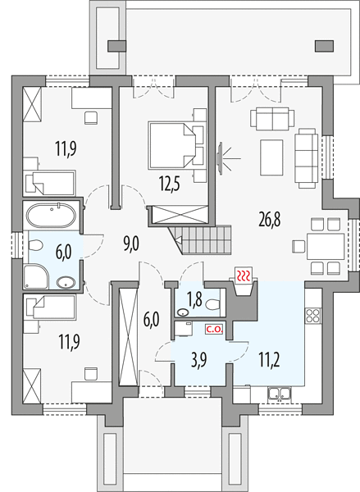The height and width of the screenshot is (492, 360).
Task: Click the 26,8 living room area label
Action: (270, 219)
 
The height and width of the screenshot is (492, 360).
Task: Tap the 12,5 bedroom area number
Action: (170, 184)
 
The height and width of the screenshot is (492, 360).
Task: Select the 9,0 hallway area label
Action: (131, 244)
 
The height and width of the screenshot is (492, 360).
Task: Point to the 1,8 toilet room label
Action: (194, 300)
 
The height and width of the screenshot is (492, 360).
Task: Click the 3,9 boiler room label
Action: (198, 360)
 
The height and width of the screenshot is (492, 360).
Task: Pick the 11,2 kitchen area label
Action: (270, 360)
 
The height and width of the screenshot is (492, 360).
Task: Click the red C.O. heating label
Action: (214, 330)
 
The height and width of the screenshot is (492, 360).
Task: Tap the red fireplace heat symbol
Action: (244, 276)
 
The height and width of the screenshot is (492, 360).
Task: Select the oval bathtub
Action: (51, 215)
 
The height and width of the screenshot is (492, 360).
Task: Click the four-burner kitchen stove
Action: (313, 316)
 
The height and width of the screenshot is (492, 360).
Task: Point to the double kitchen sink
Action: (280, 394)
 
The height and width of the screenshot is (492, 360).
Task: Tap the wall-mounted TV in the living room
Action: (221, 157)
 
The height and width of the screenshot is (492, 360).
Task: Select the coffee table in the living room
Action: (271, 157)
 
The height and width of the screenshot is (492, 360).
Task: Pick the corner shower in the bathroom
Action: (35, 276)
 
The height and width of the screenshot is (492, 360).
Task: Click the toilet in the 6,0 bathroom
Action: (35, 245)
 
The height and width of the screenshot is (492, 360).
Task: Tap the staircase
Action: (201, 240)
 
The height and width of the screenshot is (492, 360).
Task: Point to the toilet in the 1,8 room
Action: (213, 304)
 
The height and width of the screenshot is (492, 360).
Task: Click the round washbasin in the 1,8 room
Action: (183, 312)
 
